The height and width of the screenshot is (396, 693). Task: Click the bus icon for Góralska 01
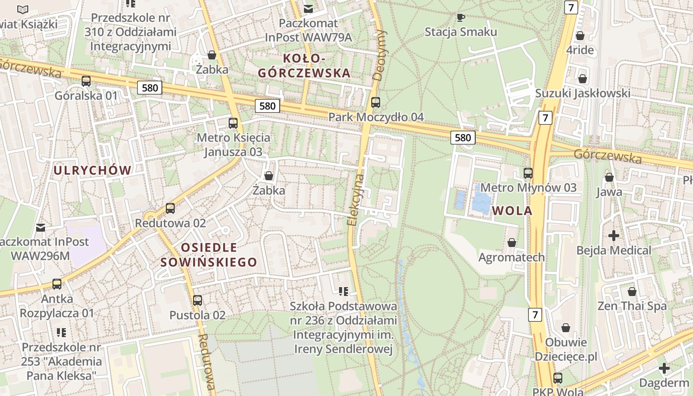pos(86,81)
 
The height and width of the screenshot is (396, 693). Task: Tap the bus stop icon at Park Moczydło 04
pos(376,102)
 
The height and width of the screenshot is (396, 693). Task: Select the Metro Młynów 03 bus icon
pos(528,173)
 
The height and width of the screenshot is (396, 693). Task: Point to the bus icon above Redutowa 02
pos(170,208)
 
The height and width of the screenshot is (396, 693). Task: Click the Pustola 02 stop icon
pos(198,300)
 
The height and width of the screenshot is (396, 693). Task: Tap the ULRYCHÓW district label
pos(93,171)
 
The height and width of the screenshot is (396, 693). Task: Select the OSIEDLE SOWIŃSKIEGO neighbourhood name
pos(209,255)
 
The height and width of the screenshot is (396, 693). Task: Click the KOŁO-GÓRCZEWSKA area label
pos(304,66)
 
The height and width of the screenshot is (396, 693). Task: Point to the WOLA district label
pos(512,211)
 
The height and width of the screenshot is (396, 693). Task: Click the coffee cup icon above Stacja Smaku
pos(461,17)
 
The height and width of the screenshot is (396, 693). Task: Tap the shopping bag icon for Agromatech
pos(512,243)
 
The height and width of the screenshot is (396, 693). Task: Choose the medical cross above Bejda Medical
pos(614,236)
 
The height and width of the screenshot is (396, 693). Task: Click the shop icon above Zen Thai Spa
pos(632,292)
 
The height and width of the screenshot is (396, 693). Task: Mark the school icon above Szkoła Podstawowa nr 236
pos(344,292)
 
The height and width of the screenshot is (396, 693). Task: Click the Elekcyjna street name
pos(356,200)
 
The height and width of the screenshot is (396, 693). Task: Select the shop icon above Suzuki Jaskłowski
pos(583,79)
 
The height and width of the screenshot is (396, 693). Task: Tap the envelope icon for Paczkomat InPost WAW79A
pos(308,8)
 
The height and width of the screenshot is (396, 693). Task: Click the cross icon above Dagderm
pos(664,368)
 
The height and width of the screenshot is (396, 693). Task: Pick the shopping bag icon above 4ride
pos(580,36)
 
